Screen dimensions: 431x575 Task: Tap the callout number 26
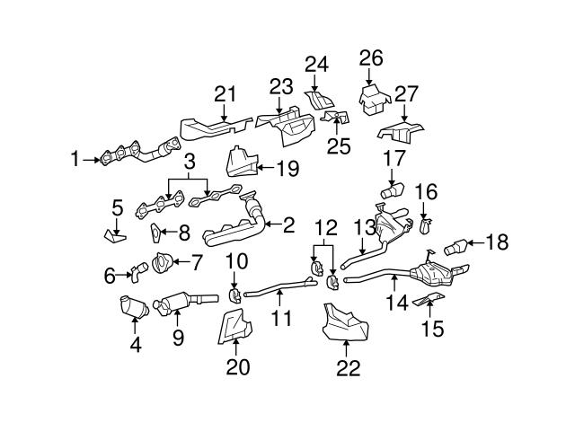tap(371, 58)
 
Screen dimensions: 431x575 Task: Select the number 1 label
tap(75, 161)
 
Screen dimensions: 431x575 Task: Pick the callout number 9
tap(178, 338)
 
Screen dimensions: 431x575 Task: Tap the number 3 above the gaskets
tap(188, 163)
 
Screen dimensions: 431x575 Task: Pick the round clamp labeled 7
tap(164, 264)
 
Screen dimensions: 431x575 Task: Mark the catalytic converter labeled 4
tap(131, 307)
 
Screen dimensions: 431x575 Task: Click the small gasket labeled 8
tap(155, 233)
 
